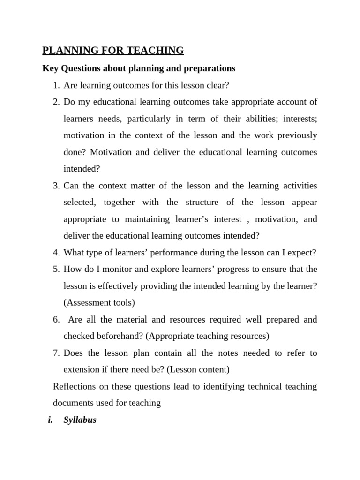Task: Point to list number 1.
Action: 56,85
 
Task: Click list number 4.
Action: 56,253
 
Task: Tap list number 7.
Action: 56,353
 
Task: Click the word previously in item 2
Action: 298,135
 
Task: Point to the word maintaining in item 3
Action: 148,219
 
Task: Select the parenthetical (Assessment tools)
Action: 99,303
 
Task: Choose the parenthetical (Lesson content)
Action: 198,369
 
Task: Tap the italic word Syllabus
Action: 80,420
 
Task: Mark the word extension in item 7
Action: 82,369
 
